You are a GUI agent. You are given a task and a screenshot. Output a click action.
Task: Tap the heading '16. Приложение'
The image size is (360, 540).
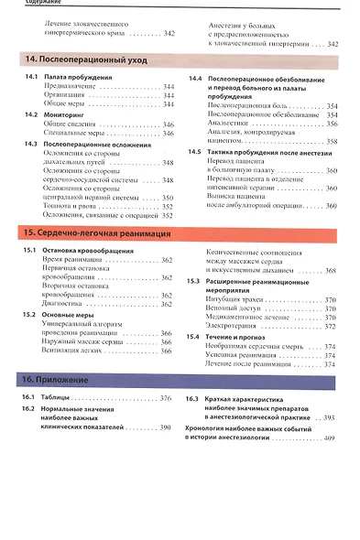[56, 379]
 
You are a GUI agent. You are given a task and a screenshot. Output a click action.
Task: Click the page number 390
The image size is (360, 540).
[165, 427]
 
